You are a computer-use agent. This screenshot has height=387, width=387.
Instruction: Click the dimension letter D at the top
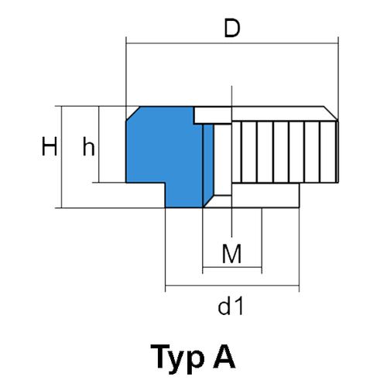point(232,28)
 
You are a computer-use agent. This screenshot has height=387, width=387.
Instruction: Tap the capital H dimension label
point(50,146)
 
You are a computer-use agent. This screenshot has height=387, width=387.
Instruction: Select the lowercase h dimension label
point(88,146)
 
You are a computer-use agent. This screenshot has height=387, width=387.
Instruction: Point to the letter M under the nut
point(231,254)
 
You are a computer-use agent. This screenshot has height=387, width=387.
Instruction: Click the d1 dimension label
point(231,306)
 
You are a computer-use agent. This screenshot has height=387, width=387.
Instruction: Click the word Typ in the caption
point(177,358)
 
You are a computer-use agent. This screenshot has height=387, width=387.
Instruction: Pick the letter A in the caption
point(224,356)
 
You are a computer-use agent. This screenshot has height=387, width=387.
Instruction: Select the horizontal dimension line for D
point(232,43)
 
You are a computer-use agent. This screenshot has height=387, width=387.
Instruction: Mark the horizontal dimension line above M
point(232,267)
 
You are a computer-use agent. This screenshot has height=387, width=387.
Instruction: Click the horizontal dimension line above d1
point(232,286)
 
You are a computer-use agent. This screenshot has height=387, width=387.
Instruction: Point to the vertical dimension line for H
point(62,157)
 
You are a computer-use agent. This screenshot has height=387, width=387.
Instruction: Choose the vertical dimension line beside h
point(99,144)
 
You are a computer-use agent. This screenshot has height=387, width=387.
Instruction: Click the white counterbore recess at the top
point(213,115)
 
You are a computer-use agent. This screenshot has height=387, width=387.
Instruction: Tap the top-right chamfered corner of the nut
point(330,113)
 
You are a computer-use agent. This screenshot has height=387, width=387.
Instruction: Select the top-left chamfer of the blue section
point(133,114)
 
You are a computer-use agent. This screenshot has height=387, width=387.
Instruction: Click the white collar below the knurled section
point(265,195)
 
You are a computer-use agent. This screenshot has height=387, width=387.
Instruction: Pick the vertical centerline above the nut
point(231,96)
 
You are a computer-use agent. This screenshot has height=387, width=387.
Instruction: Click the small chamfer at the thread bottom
point(209,201)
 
